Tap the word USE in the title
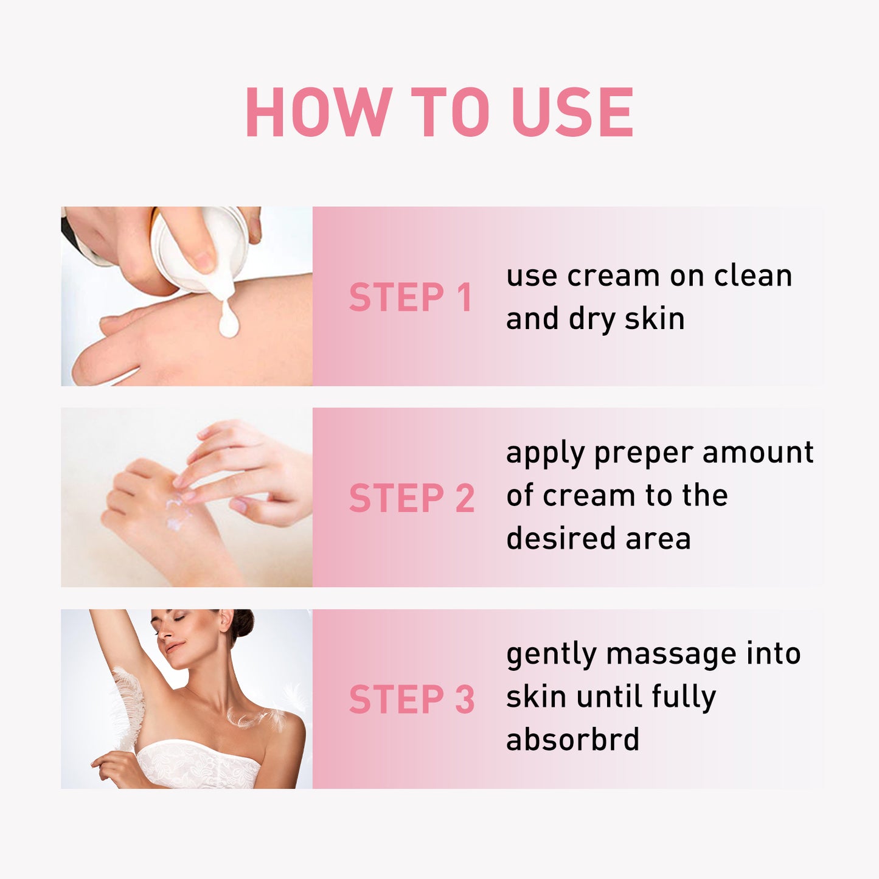pos(572,113)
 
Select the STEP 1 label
pos(411,297)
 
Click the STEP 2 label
pos(412,498)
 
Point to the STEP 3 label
pos(412,700)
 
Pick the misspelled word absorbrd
pos(572,740)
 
